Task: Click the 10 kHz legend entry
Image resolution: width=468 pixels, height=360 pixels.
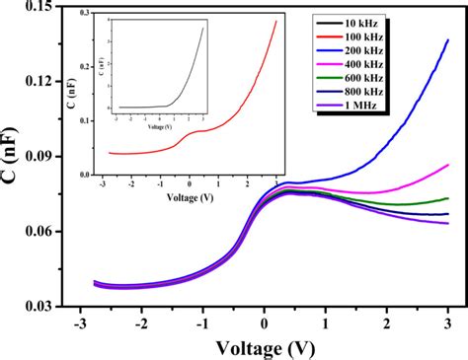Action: [393, 21]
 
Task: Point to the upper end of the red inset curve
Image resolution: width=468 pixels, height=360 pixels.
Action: [275, 22]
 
